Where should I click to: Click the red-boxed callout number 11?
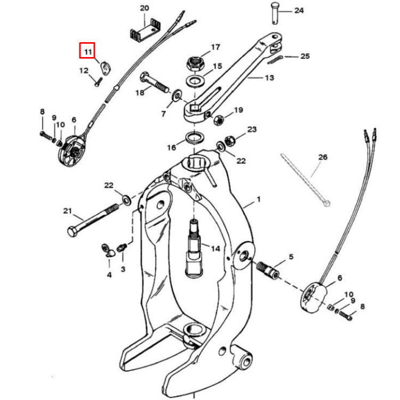[x=87, y=52]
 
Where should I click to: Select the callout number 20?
[x=145, y=8]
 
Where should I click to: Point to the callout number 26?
[x=323, y=157]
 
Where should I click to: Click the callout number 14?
[x=215, y=249]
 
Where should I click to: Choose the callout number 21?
[x=67, y=211]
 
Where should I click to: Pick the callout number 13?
[x=269, y=77]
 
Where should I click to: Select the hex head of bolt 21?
[x=73, y=232]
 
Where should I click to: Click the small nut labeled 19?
[x=219, y=119]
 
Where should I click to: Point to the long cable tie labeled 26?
[x=304, y=179]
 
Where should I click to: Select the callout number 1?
[x=259, y=200]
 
